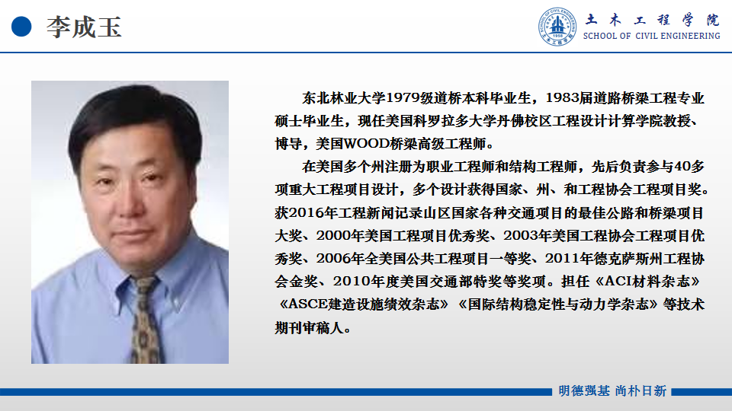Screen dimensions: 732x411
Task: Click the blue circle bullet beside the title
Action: coord(21,27)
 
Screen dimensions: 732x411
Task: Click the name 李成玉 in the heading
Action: coord(84,27)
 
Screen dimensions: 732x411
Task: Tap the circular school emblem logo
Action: coord(557,27)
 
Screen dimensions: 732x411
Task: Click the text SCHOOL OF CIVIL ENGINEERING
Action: coord(651,36)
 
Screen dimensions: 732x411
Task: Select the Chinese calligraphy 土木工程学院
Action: coord(652,20)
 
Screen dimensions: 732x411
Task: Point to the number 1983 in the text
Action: coord(562,98)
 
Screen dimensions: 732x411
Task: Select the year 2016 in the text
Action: coord(307,213)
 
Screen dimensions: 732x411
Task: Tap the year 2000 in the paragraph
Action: coord(333,236)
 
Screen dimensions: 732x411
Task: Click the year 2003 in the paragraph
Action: coord(521,236)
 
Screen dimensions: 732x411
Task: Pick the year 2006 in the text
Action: coord(333,259)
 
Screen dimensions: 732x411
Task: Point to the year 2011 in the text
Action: coord(562,259)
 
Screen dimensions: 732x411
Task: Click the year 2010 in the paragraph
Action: coord(351,282)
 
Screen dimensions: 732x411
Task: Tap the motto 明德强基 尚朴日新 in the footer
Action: coord(612,391)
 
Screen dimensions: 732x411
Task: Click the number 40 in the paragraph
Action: coord(683,167)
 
